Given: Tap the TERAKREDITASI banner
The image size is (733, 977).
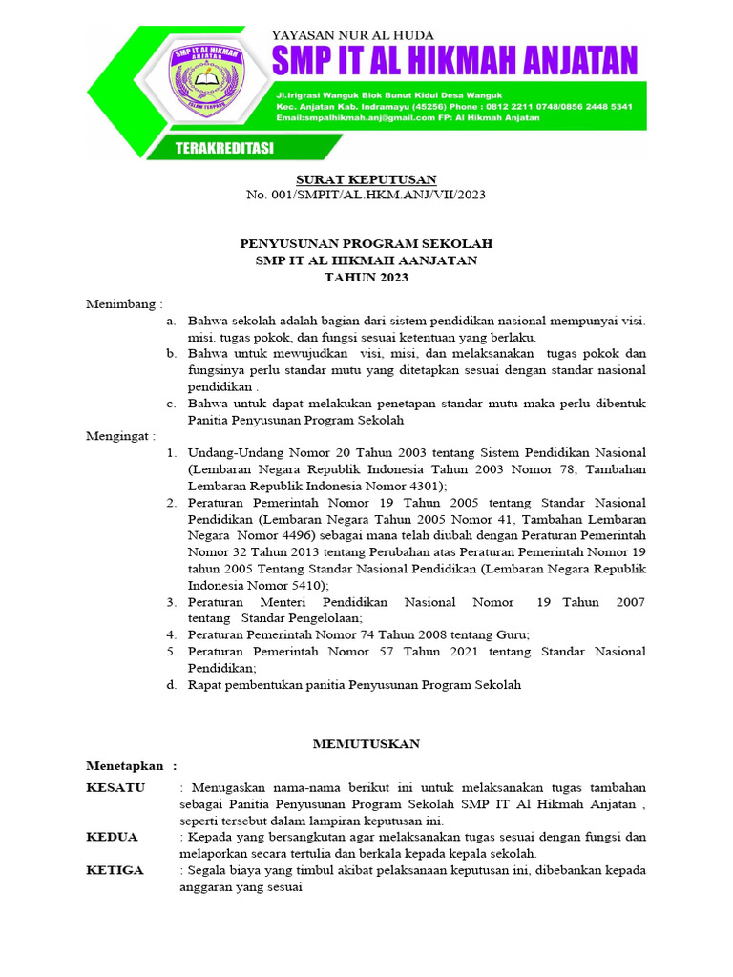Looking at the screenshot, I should (224, 148).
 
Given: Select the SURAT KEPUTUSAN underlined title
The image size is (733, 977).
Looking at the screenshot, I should (366, 179).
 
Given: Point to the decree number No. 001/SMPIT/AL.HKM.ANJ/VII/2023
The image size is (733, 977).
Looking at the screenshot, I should (366, 195).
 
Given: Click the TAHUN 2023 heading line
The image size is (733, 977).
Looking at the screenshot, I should (366, 277).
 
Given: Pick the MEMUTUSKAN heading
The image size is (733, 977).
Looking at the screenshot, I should (367, 743).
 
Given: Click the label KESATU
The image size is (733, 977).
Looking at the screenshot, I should (115, 787).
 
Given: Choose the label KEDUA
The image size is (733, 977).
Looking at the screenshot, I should (112, 837).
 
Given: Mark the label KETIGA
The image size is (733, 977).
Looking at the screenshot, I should (115, 870).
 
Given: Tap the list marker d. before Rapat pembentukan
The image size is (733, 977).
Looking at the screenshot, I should (170, 684).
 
